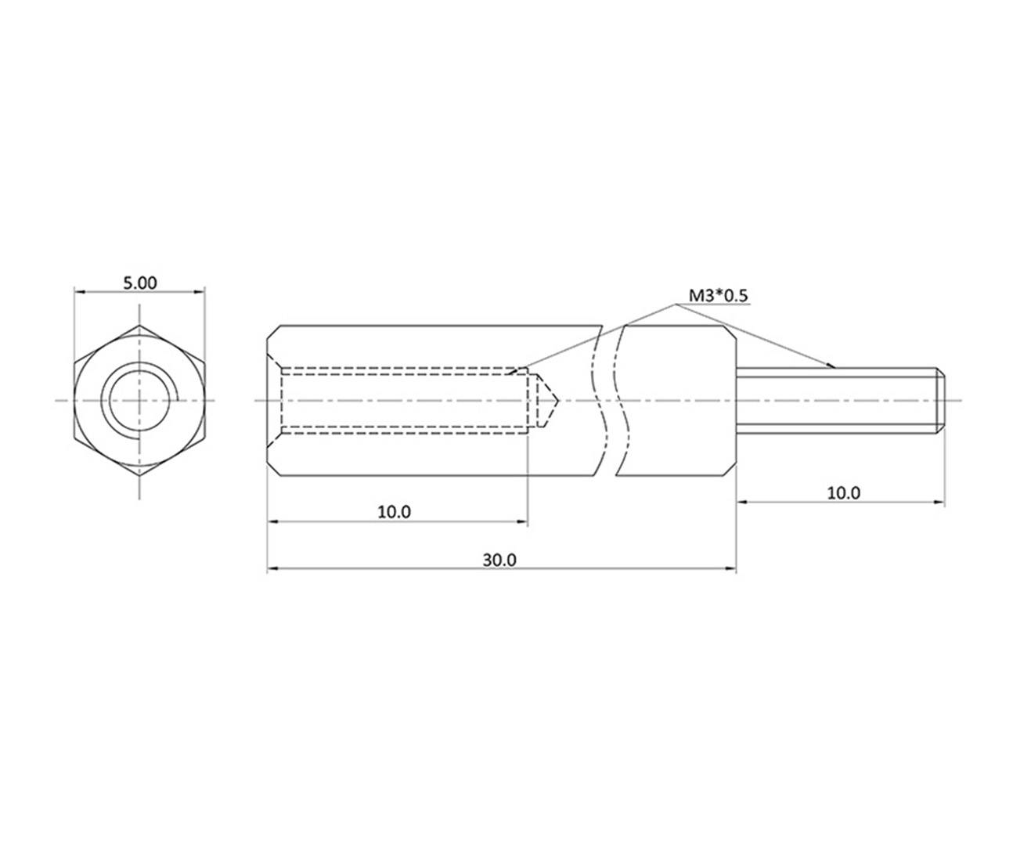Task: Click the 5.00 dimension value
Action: (139, 283)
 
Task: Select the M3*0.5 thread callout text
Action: (719, 295)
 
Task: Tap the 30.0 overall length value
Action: (499, 560)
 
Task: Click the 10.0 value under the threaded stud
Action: (843, 493)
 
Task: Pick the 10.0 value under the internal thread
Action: (394, 511)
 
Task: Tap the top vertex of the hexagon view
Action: (139, 326)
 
